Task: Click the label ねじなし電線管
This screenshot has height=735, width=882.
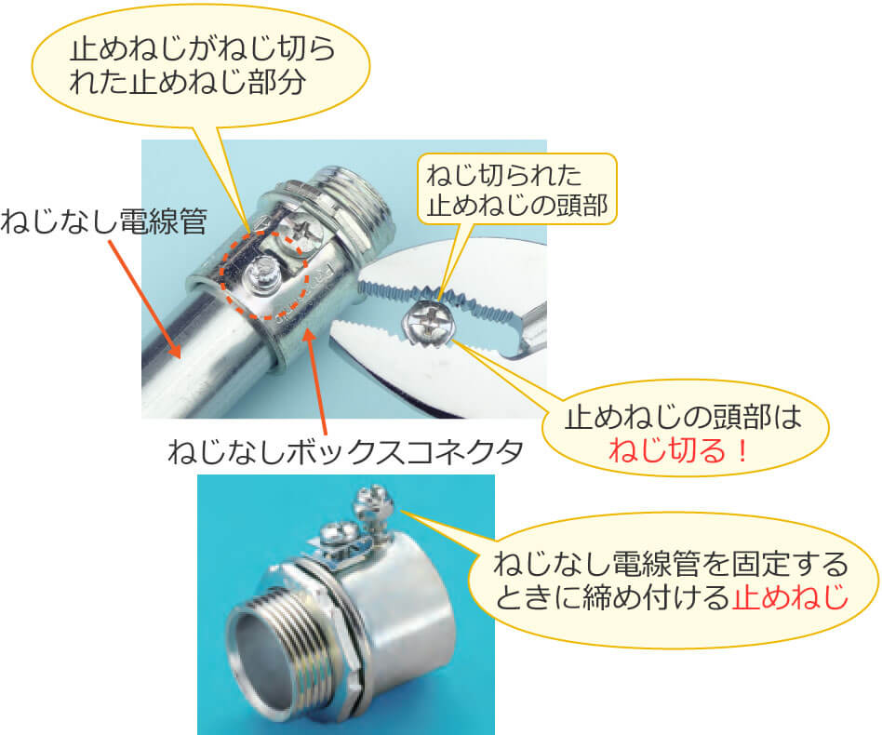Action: (104, 221)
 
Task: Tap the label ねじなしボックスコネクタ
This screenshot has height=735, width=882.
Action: (346, 451)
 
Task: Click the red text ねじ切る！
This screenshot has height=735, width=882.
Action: (679, 450)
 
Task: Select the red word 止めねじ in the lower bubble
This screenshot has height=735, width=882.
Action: (790, 596)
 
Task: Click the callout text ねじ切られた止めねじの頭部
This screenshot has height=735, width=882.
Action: (517, 190)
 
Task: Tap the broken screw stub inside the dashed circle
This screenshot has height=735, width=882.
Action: (261, 275)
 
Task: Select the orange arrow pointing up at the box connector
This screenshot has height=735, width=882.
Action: (316, 381)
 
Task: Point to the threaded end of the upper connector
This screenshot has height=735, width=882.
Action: (360, 201)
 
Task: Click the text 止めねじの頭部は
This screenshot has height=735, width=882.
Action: (682, 417)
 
